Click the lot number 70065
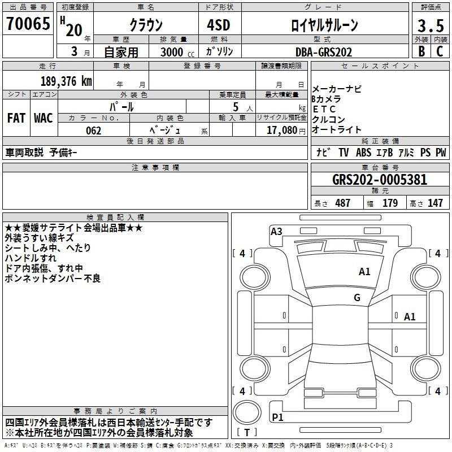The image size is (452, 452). pos(28,24)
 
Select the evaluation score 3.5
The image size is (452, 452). pos(431,25)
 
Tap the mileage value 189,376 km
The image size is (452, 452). pos(66,81)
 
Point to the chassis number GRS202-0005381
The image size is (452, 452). pos(380,180)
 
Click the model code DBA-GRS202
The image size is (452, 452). pos(324,52)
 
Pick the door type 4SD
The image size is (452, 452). pos(219,25)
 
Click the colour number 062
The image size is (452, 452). pos(94,131)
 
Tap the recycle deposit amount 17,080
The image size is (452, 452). pos(282,130)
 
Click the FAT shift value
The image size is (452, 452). pos(16,118)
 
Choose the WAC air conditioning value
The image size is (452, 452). pos(44,118)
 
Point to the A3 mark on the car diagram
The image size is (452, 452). pos(276,231)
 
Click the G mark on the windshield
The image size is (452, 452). pos(357,297)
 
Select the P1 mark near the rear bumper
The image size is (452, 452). pos(277,417)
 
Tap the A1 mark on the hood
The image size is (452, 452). pos(364,271)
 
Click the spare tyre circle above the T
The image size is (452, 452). pos(247,412)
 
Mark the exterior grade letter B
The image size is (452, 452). pos(421,51)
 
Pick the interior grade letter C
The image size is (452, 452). pos(440,51)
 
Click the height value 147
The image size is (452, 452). pos(435,203)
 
